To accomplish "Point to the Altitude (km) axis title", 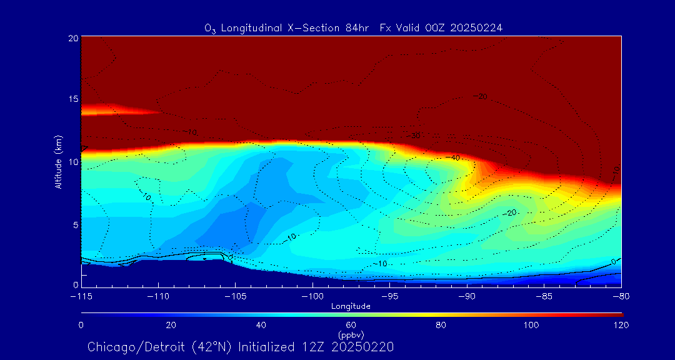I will (x=59, y=161).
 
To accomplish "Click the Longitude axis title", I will (x=351, y=306).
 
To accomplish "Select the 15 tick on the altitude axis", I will (x=72, y=99).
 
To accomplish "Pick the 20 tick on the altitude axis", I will (x=72, y=37).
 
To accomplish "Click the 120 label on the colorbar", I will (x=621, y=325).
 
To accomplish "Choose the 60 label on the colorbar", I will (x=351, y=325).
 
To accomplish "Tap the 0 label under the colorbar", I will (x=81, y=325).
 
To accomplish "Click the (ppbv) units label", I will (x=351, y=334).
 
